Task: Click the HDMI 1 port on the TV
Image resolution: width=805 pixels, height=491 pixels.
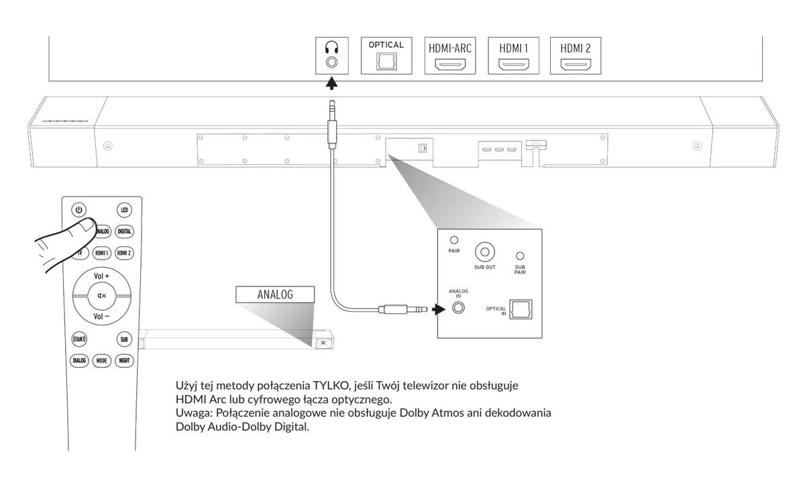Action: point(514,65)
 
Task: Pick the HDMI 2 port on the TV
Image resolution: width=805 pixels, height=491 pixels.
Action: point(576,65)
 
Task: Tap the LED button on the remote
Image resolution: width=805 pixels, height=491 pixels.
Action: point(124,210)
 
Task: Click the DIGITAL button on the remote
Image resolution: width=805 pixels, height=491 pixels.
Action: point(124,231)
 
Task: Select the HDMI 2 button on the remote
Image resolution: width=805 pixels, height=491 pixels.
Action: point(124,253)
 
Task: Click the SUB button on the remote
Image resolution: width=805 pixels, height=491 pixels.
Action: point(124,339)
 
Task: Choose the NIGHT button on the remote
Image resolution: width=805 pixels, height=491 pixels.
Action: point(124,360)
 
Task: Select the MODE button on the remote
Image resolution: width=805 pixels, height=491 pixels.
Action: point(102,360)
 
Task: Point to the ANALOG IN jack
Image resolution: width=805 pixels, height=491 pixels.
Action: point(459,309)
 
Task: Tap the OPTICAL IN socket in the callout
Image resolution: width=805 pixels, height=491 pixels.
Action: point(521,310)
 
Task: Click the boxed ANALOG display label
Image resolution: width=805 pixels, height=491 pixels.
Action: point(275,294)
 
